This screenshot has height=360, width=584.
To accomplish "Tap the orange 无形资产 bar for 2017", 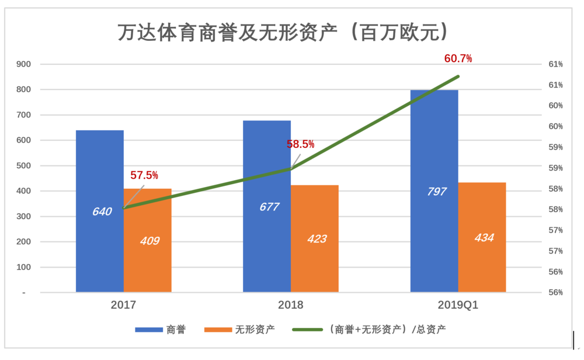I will coord(147,257).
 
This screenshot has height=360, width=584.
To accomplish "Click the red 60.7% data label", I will coord(458,58).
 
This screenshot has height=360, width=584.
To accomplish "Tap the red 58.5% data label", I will coord(300,144).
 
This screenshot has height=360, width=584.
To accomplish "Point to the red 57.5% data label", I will coord(144,175).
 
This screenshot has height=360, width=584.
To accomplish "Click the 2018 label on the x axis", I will coord(291,305).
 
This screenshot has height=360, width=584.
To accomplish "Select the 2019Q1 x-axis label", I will coord(458,305).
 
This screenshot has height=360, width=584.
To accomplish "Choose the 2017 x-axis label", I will coord(123,305).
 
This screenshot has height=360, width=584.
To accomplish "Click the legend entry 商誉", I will coord(161,330).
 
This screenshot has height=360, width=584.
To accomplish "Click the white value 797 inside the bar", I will coord(437,192).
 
